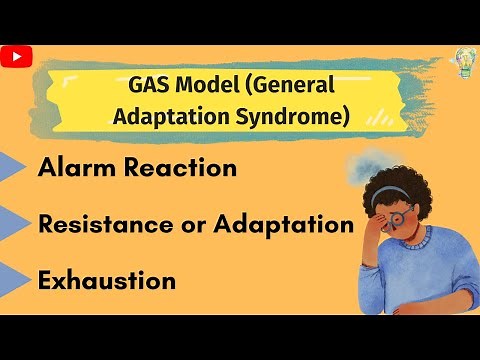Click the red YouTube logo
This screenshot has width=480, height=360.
17,58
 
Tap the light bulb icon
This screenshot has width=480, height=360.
465,59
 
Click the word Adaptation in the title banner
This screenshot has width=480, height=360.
176,116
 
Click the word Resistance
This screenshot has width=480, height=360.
106,224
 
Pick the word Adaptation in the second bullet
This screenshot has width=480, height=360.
289,225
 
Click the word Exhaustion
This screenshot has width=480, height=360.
106,281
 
